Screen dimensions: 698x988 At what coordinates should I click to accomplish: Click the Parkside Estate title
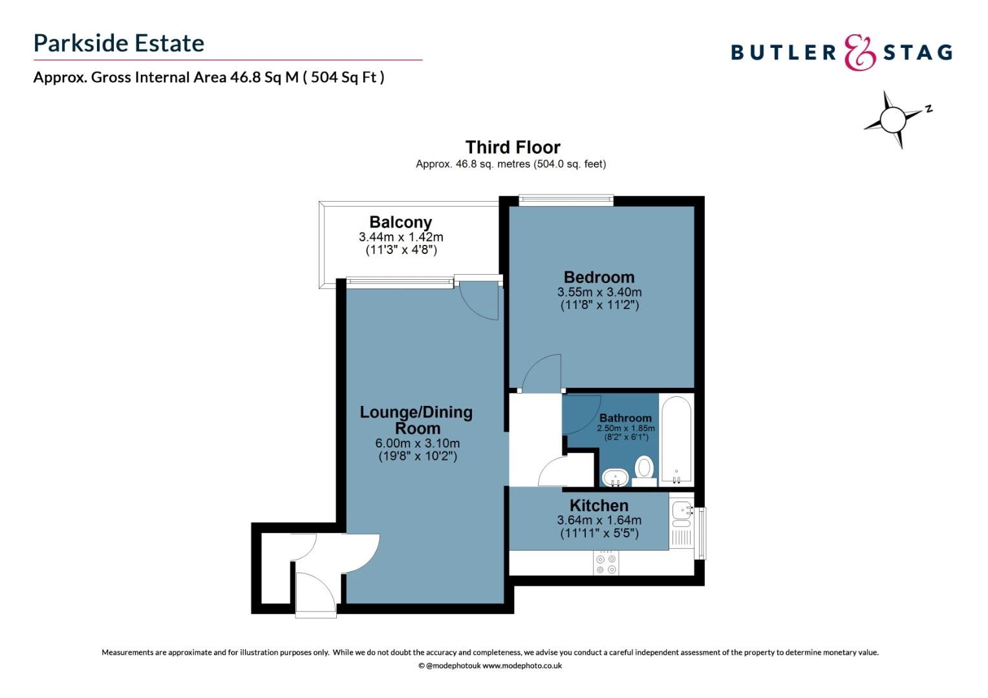119,43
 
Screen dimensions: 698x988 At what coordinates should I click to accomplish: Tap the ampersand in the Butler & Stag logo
859,52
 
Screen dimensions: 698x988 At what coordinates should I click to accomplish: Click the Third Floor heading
512,147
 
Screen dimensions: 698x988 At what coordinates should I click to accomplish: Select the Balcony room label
400,222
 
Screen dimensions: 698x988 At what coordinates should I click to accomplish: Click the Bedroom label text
599,277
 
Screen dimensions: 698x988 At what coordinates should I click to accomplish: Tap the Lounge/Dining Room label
416,420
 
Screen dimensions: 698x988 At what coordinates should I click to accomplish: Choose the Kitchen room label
599,505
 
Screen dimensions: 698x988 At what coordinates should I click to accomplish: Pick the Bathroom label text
625,418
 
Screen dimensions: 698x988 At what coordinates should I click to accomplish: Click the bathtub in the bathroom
676,439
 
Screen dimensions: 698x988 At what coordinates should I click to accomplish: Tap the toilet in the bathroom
644,467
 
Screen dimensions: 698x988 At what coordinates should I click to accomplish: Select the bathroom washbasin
615,477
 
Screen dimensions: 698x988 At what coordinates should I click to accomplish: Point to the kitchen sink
682,511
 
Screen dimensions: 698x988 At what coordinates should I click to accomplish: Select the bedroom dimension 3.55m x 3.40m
599,292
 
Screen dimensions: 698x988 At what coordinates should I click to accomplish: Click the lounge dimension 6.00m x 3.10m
417,443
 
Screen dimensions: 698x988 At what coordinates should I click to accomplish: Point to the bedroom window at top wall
566,200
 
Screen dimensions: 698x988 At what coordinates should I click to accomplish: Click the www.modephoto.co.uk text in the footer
522,666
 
